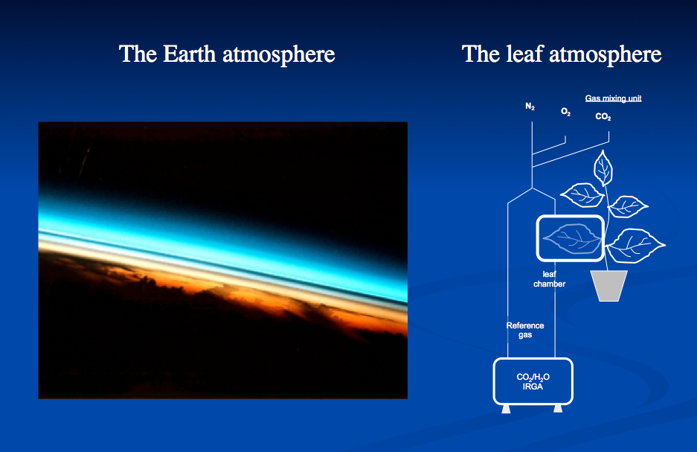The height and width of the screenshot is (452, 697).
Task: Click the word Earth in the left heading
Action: tap(190, 54)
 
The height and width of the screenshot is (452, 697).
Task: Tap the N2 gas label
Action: tap(530, 106)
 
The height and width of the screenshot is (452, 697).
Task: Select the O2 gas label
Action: tap(565, 112)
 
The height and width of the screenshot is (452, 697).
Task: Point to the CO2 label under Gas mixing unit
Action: tap(603, 117)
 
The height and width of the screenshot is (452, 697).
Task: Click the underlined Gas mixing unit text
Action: tap(613, 98)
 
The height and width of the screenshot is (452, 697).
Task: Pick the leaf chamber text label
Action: tap(550, 279)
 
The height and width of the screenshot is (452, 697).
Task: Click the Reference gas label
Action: tap(525, 330)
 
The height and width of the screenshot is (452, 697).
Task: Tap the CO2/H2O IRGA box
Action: tap(533, 381)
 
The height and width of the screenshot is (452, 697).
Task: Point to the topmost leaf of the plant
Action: tap(603, 168)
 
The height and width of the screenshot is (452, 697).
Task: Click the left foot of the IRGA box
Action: tap(506, 409)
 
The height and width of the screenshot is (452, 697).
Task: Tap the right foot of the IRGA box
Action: tap(558, 409)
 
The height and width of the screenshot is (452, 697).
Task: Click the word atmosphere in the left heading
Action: tap(279, 54)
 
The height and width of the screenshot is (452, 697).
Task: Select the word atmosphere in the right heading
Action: tap(606, 54)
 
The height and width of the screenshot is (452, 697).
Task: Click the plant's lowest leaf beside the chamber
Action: tap(635, 245)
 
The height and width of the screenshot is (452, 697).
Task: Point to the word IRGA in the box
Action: tap(533, 386)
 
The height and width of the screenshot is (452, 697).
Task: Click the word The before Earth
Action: tap(138, 54)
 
